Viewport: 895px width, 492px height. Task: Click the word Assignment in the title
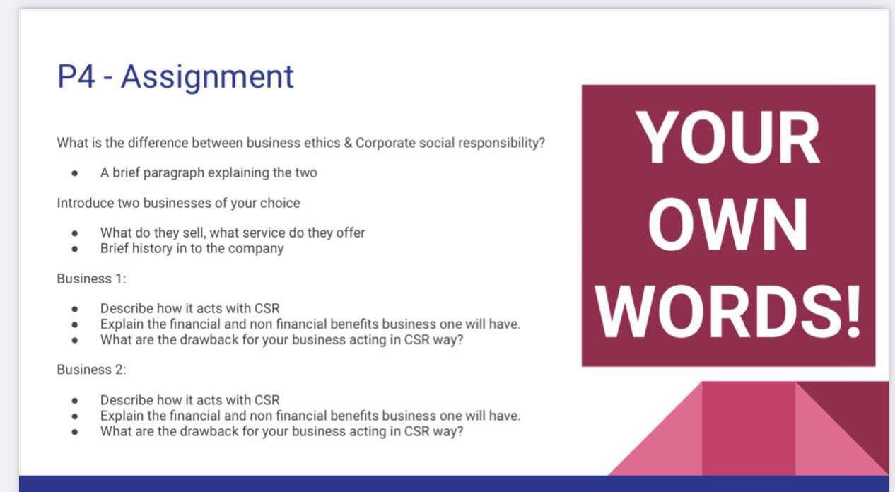pos(207,77)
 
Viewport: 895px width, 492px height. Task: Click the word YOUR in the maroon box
pos(727,137)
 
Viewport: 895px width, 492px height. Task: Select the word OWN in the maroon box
pos(727,224)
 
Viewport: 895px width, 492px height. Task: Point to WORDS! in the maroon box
pos(727,311)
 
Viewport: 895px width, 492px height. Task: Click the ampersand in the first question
pos(348,143)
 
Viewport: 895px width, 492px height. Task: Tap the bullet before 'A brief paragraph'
pos(75,173)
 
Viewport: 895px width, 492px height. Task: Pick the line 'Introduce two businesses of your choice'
pos(178,203)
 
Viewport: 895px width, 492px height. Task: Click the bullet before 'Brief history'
pos(75,249)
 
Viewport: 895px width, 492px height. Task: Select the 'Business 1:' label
pos(91,279)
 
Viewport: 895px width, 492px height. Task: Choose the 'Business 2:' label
pos(91,369)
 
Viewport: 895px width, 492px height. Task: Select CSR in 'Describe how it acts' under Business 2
pos(267,400)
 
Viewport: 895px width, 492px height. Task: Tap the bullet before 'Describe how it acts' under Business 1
pos(75,309)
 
